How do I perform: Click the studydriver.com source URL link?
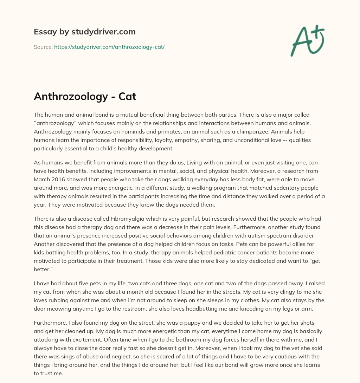pyautogui.click(x=109, y=47)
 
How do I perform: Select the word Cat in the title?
pyautogui.click(x=128, y=97)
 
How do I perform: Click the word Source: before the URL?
pyautogui.click(x=43, y=47)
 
